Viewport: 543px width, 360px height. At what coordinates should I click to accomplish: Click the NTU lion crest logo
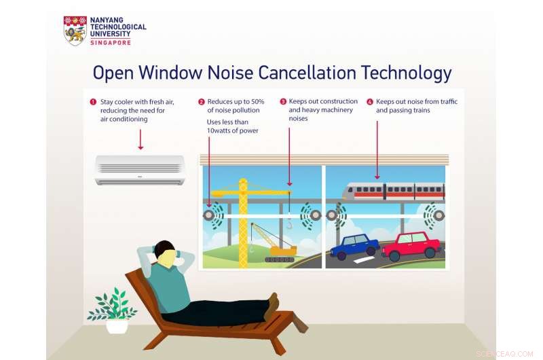(x=75, y=31)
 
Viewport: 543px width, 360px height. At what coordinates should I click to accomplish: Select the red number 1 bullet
(x=93, y=102)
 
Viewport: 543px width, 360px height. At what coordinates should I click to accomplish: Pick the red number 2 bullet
(x=202, y=102)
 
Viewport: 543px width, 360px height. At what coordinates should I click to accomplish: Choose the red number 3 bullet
(x=283, y=102)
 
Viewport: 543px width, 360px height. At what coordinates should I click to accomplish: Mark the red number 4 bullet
(x=370, y=102)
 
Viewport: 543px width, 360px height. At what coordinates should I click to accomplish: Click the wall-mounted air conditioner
(x=140, y=170)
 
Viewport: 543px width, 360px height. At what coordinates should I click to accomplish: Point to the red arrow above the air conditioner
(x=140, y=139)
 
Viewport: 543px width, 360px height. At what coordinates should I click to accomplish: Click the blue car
(x=354, y=246)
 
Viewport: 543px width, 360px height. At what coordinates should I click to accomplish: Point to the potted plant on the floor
(x=115, y=312)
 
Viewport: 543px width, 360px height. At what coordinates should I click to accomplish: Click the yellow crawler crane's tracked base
(x=280, y=257)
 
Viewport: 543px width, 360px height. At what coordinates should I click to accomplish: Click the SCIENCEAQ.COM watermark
(x=505, y=353)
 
